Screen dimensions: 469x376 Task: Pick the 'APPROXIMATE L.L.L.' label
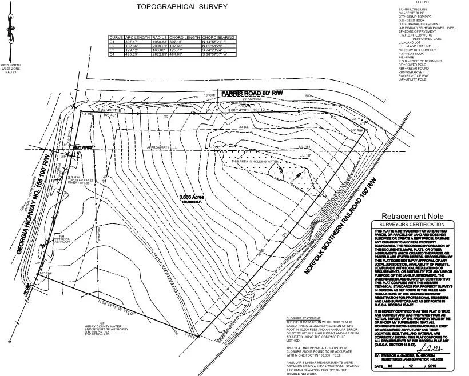point(166,147)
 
